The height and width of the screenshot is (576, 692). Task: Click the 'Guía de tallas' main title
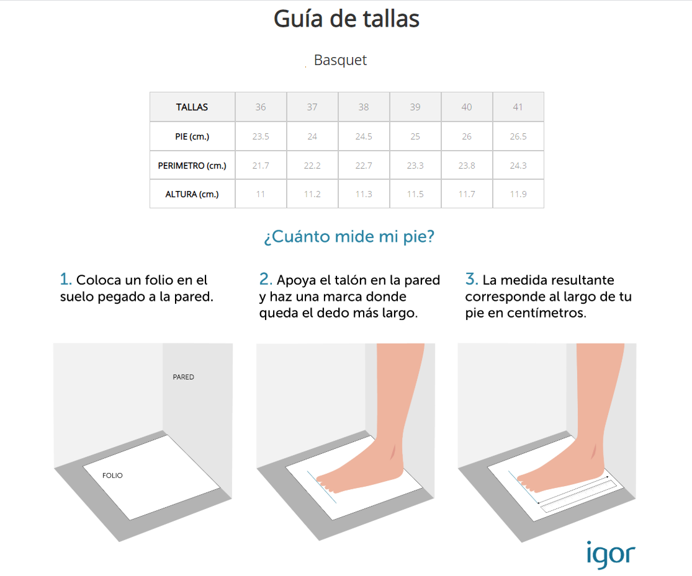(346, 19)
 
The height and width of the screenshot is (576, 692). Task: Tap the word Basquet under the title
(340, 60)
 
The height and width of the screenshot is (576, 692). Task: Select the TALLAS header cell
(192, 107)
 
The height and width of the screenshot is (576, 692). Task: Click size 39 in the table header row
(415, 107)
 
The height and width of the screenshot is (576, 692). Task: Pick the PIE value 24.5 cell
(364, 137)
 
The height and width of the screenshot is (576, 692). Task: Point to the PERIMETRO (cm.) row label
(192, 166)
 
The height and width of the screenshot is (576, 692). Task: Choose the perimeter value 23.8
(467, 166)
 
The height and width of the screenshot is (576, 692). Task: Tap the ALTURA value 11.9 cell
(518, 194)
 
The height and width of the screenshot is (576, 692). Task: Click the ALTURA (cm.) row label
(192, 194)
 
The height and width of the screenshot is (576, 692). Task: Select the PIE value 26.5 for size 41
(518, 137)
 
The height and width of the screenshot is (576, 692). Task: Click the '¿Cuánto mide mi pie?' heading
(349, 236)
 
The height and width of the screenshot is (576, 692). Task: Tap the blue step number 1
(65, 279)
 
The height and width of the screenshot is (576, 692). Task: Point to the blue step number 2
(266, 279)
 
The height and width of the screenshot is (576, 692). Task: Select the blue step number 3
(471, 279)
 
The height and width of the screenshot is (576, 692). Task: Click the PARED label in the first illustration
(183, 377)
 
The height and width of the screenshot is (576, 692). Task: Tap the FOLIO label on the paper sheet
(112, 476)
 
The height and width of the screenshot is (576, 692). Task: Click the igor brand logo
(611, 554)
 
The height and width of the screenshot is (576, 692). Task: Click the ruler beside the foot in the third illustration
(578, 496)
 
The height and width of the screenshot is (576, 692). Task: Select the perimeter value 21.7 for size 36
(261, 166)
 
